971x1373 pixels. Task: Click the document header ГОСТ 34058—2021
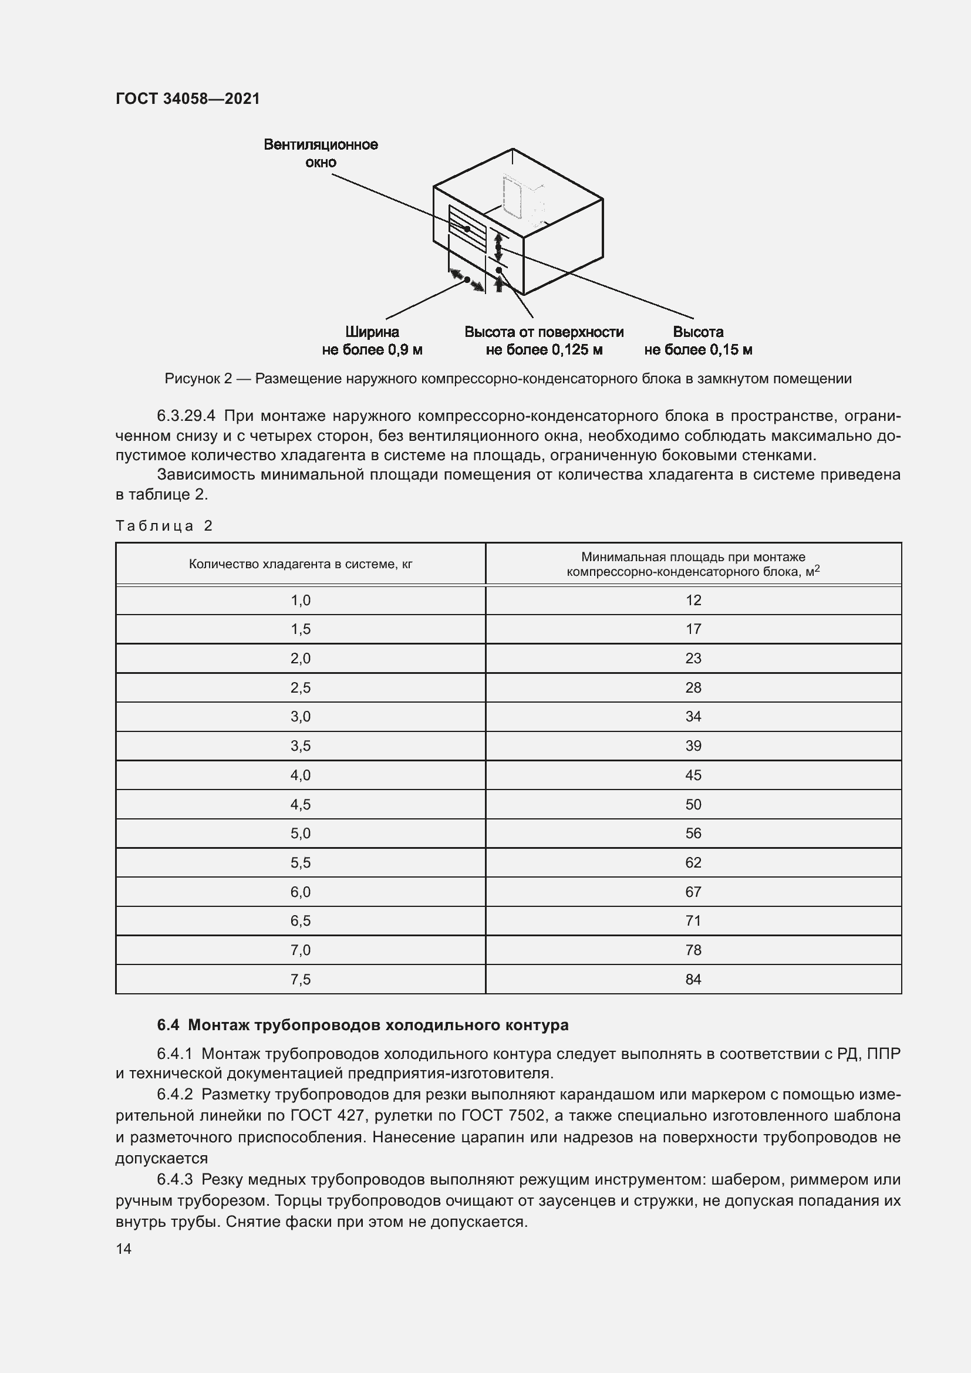point(188,99)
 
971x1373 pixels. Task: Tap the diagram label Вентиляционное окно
point(321,154)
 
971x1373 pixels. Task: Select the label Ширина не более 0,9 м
point(372,341)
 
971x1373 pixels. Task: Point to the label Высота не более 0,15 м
point(698,341)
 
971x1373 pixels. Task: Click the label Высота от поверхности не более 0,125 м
point(544,341)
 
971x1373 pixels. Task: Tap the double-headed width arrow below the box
point(467,280)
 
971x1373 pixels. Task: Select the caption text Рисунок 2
point(198,379)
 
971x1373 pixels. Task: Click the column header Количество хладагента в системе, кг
point(300,564)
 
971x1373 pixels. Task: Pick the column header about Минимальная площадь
point(693,564)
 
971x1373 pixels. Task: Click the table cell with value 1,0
point(300,601)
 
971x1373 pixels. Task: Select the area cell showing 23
point(693,659)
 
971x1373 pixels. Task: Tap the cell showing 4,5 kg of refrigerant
point(300,804)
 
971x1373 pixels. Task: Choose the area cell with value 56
point(693,834)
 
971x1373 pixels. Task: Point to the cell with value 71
point(693,921)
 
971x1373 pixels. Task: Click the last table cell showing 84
point(693,980)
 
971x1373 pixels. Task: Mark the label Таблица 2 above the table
point(164,526)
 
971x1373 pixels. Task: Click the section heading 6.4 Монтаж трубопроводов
point(362,1025)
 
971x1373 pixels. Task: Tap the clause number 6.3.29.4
point(186,416)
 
